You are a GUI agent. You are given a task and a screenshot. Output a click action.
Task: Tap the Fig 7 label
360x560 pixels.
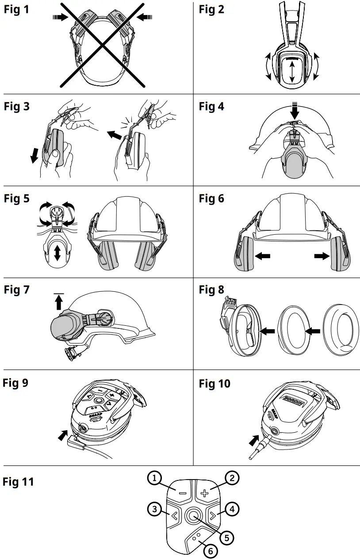click(16, 290)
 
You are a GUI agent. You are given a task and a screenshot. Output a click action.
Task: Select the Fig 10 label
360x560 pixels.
click(214, 383)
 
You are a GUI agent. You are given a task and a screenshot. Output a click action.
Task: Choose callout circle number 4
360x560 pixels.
click(233, 509)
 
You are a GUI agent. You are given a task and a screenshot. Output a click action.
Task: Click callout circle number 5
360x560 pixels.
click(226, 537)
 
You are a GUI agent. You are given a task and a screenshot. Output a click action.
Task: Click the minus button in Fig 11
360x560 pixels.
click(182, 492)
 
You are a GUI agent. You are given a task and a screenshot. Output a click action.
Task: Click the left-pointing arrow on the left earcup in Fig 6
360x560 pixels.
click(263, 256)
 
